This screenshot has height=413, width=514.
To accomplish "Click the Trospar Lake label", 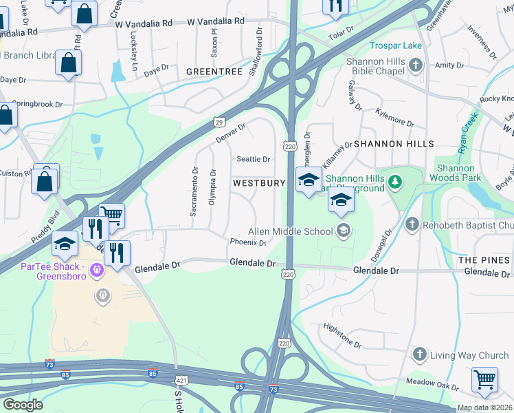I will tap(396, 46).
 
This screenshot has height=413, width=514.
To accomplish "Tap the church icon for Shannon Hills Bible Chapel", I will tap(415, 65).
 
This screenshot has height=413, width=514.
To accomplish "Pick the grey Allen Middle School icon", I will tap(343, 231).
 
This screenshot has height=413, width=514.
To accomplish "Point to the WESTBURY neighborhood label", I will tap(258, 184).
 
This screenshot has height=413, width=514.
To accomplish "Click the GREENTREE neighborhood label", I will tap(214, 71).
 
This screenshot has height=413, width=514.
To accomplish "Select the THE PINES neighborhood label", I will tap(484, 260).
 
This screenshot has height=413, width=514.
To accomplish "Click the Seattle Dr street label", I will tap(254, 159).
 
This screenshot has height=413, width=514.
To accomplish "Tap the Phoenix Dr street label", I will tap(248, 242).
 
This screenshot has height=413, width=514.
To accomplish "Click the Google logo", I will tap(23, 405).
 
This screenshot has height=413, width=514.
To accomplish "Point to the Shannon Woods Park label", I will tap(456, 173).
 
